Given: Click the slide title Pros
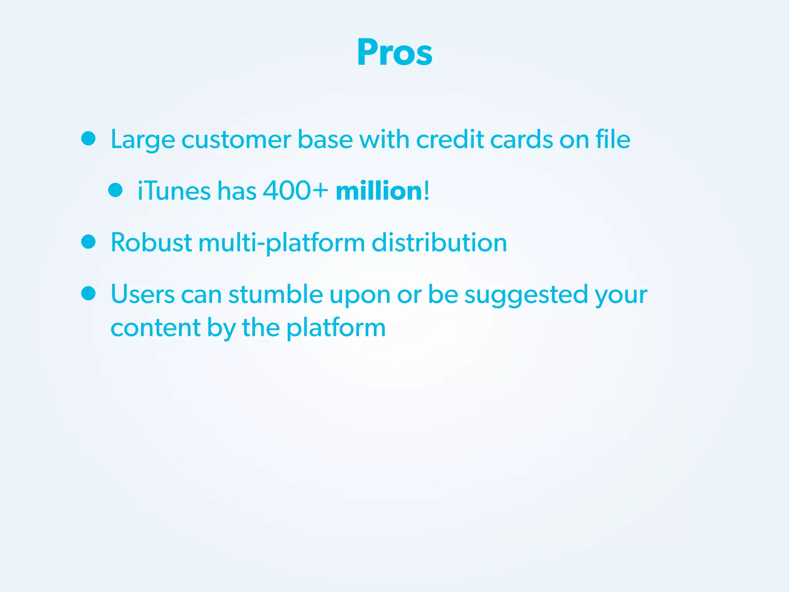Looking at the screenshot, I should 394,52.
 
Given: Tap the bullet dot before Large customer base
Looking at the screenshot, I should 88,138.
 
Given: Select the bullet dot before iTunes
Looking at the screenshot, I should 115,190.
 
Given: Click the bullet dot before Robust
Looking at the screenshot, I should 88,242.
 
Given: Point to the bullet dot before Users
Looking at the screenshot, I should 88,293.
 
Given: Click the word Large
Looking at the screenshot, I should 143,140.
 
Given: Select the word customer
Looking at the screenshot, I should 236,140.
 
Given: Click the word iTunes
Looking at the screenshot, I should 174,191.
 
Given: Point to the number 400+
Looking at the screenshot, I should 295,191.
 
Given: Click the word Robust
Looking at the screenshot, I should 151,243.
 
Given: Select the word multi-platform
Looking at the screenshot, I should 282,244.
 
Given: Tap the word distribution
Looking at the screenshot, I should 439,243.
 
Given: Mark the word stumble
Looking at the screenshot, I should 275,294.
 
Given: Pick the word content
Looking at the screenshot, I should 155,328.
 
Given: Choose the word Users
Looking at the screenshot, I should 143,294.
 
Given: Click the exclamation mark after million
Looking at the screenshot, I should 426,191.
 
